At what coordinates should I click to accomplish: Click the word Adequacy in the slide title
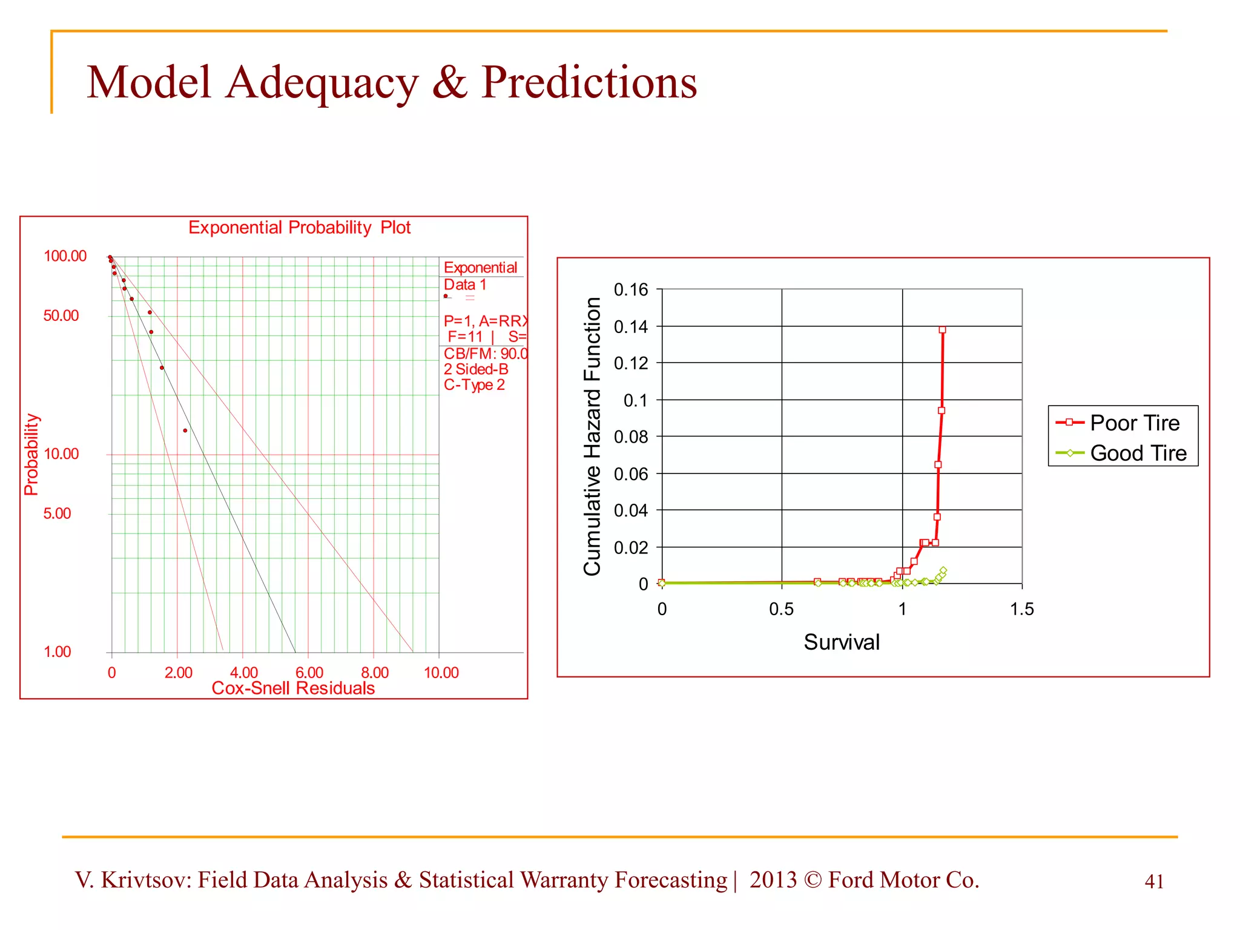pyautogui.click(x=322, y=83)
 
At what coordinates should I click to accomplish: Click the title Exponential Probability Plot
pyautogui.click(x=299, y=228)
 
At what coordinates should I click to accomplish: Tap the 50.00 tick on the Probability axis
pyautogui.click(x=61, y=316)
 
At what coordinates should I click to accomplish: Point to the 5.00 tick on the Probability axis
pyautogui.click(x=58, y=514)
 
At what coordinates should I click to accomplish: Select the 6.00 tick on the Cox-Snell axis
pyautogui.click(x=309, y=673)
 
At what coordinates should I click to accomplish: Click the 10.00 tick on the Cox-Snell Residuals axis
pyautogui.click(x=441, y=673)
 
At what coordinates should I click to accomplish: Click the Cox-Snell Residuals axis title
pyautogui.click(x=293, y=688)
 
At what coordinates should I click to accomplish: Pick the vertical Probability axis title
pyautogui.click(x=31, y=455)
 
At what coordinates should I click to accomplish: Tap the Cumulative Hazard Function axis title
pyautogui.click(x=592, y=436)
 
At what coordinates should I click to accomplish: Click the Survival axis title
pyautogui.click(x=842, y=642)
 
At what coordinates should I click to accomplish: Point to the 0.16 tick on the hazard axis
pyautogui.click(x=631, y=290)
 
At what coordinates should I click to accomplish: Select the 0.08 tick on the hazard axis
pyautogui.click(x=631, y=437)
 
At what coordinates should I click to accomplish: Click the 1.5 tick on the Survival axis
pyautogui.click(x=1022, y=609)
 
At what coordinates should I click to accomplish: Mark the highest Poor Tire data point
pyautogui.click(x=942, y=330)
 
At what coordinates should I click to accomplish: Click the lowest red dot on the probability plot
pyautogui.click(x=185, y=430)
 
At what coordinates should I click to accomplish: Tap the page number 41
pyautogui.click(x=1154, y=882)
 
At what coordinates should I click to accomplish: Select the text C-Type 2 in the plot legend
pyautogui.click(x=474, y=385)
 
